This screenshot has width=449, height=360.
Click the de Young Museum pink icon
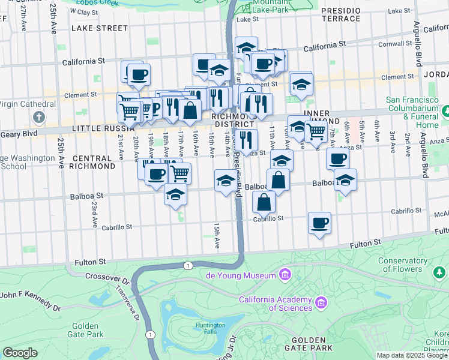(x=285, y=275)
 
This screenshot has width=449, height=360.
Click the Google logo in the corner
(x=20, y=353)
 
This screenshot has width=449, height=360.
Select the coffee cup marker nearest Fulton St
(x=319, y=223)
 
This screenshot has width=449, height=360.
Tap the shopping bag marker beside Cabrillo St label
(x=264, y=202)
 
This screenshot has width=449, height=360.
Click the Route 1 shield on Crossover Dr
(x=188, y=265)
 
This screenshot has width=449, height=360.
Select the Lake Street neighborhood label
(x=100, y=28)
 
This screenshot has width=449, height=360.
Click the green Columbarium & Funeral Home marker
(x=447, y=112)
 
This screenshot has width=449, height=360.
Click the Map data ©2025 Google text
(x=412, y=355)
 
